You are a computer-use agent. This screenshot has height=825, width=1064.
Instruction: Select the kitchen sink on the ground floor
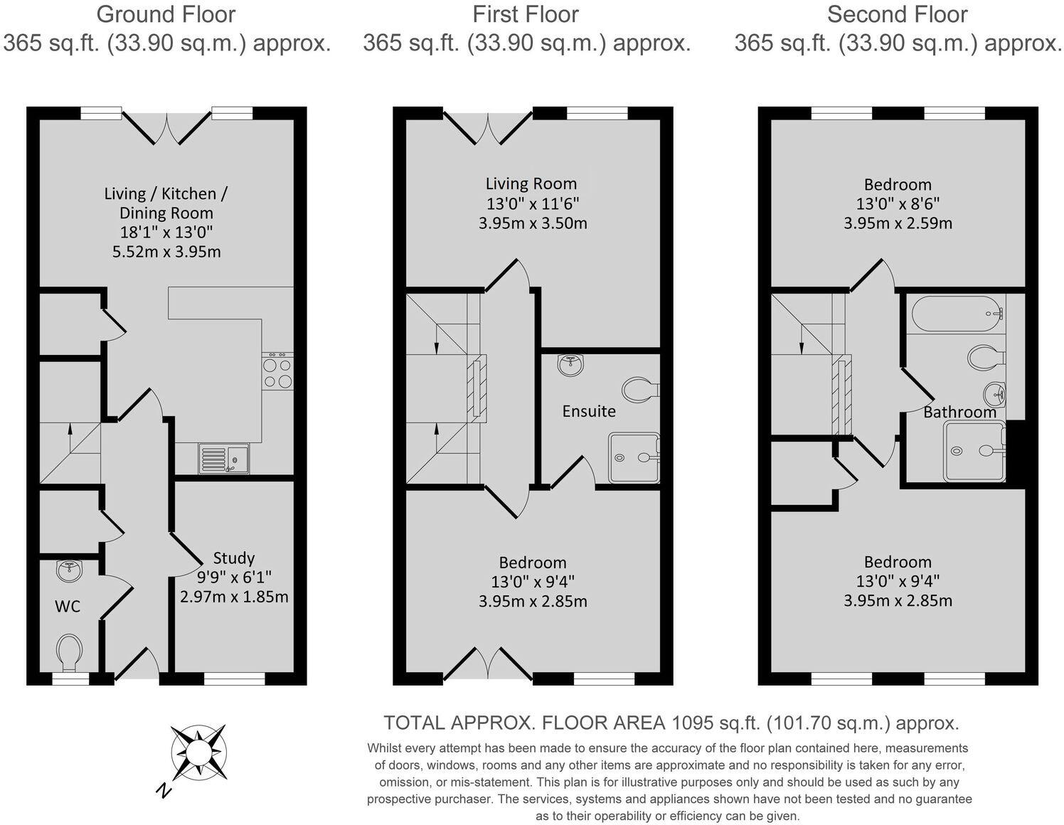point(223,459)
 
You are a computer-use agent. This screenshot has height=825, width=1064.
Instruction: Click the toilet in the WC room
point(69,651)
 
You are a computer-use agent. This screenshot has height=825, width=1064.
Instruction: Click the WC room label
point(68,607)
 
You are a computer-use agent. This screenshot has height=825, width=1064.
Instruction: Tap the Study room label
point(234,558)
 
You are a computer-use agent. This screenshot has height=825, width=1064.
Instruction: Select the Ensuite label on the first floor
point(589,411)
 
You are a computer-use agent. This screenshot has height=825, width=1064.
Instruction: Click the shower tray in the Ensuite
point(633,458)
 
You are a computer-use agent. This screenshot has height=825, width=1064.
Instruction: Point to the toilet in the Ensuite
point(640,389)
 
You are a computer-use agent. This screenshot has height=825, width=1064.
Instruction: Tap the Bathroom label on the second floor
point(959,412)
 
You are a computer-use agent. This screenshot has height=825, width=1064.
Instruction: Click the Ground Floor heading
point(166,14)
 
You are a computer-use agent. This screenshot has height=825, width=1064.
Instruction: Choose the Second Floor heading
point(897,14)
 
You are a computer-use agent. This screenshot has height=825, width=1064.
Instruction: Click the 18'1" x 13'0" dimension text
point(166,232)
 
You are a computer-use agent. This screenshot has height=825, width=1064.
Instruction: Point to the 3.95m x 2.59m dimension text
point(898,223)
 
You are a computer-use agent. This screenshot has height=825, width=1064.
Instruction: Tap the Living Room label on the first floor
point(531,184)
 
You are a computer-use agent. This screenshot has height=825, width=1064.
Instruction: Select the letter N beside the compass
point(164,791)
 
